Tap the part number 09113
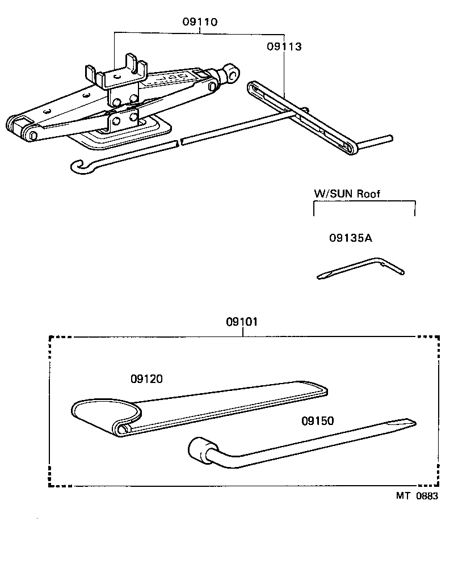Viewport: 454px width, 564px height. [x=284, y=47]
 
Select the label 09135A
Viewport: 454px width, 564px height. [x=350, y=238]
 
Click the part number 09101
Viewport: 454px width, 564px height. [x=242, y=322]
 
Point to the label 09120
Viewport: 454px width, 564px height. [x=146, y=378]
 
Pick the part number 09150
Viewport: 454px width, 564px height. [x=318, y=420]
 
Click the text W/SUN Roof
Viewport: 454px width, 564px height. [x=347, y=193]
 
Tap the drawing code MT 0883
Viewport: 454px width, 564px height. [x=417, y=495]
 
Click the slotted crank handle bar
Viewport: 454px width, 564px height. [x=301, y=116]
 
